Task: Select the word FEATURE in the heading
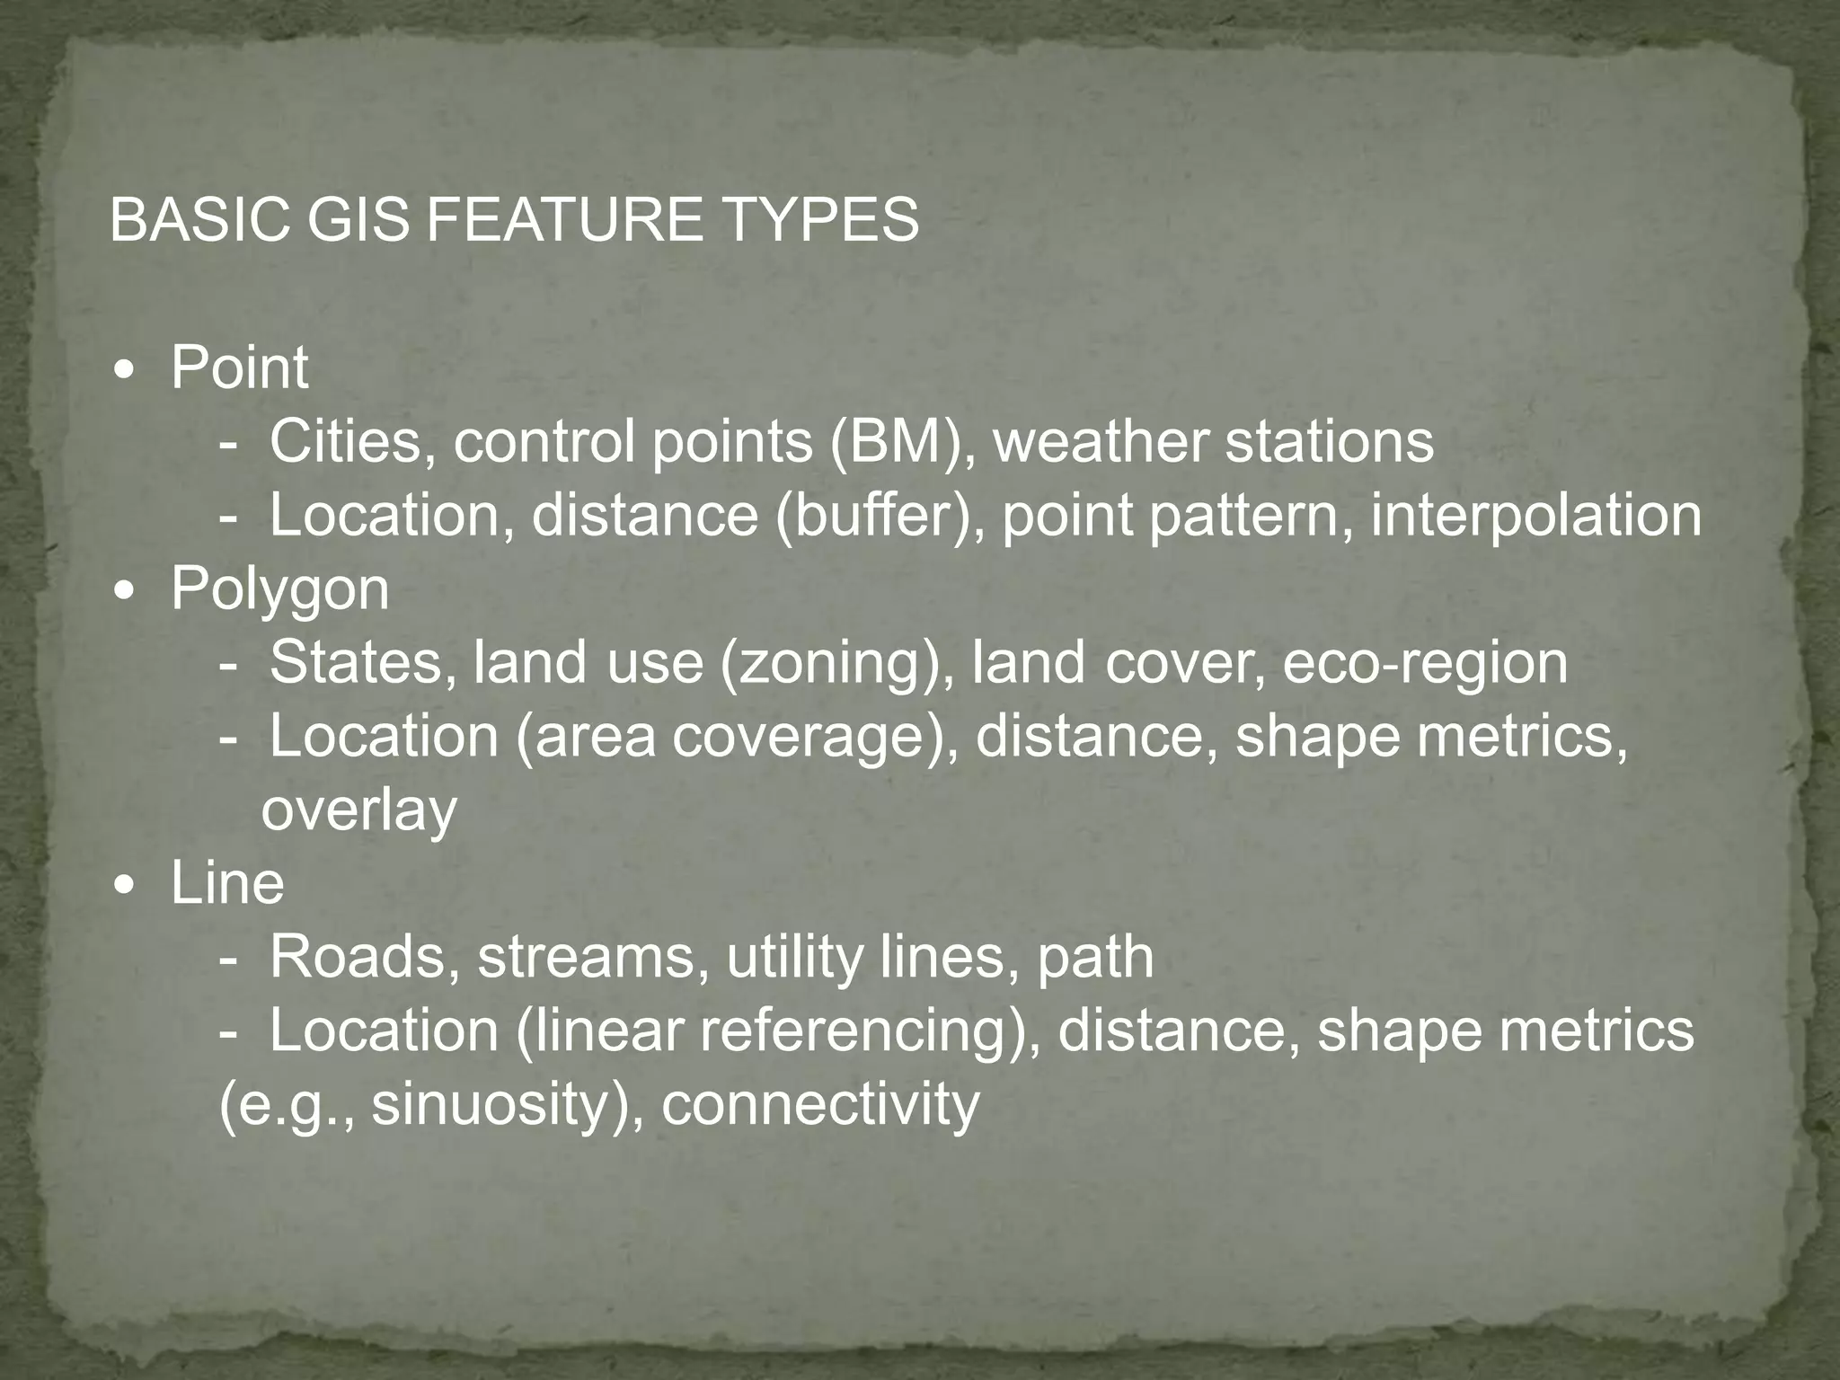click(x=563, y=220)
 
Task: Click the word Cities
click(x=346, y=442)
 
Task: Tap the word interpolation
click(x=1535, y=517)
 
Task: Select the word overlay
click(x=358, y=812)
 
